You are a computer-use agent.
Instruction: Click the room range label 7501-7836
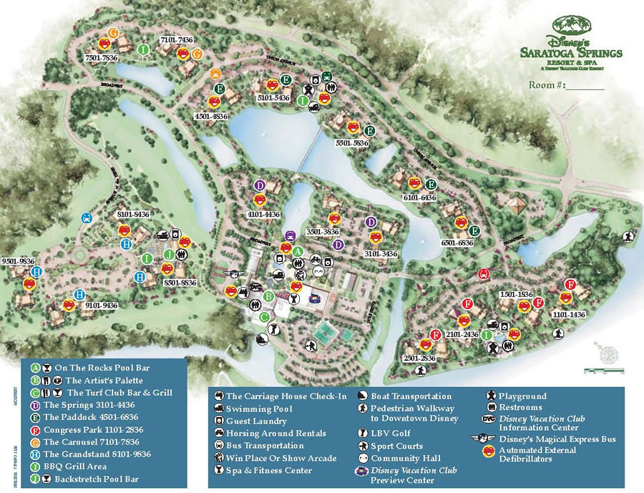(x=101, y=57)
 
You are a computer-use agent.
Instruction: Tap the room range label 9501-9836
(x=19, y=261)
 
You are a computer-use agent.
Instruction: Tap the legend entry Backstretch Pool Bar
(x=101, y=477)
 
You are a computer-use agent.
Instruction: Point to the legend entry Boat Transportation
(x=411, y=396)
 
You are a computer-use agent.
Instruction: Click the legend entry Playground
(x=522, y=396)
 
